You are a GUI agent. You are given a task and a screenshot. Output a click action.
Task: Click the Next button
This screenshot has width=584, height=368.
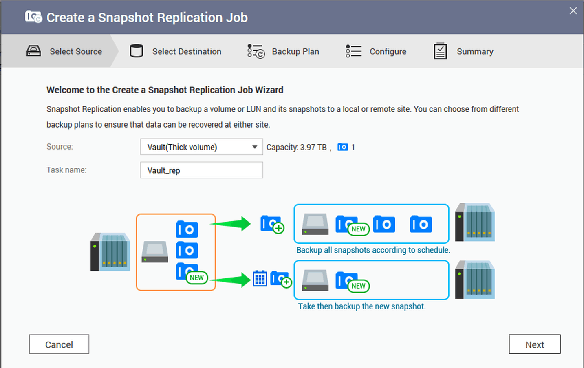(x=534, y=344)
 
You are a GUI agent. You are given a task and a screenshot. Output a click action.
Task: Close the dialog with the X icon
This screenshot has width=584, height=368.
(x=573, y=11)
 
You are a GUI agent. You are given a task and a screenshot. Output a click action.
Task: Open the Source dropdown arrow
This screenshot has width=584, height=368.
(x=254, y=147)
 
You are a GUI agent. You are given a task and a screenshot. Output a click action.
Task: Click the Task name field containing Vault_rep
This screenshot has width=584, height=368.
(x=201, y=170)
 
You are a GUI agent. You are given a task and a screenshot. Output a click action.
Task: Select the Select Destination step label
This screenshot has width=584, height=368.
(x=187, y=52)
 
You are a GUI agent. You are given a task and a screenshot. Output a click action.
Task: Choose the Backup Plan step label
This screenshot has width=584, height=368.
(x=295, y=52)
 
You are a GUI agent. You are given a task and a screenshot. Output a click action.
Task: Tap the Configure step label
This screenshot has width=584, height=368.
(x=388, y=52)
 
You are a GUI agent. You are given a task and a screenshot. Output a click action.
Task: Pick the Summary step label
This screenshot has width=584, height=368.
(x=475, y=52)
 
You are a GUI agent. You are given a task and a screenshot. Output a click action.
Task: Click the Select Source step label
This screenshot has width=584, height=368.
(x=76, y=52)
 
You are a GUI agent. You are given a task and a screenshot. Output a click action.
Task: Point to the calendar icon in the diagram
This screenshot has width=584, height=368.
(x=260, y=279)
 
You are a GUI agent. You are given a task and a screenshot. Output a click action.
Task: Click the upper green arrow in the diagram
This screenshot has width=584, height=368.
(x=232, y=224)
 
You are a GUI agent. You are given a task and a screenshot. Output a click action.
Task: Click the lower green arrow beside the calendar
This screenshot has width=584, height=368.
(x=232, y=280)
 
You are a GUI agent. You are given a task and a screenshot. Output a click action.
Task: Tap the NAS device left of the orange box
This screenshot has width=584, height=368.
(x=110, y=252)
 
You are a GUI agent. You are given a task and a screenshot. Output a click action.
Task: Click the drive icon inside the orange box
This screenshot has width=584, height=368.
(x=155, y=252)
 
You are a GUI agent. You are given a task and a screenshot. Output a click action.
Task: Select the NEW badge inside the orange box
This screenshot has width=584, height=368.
(x=197, y=278)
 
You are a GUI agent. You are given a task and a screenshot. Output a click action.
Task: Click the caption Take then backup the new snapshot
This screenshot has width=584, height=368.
(x=361, y=306)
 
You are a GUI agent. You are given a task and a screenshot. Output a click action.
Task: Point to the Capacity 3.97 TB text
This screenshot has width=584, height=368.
(x=296, y=148)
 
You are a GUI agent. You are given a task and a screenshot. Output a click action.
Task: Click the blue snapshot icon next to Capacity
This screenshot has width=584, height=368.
(x=343, y=147)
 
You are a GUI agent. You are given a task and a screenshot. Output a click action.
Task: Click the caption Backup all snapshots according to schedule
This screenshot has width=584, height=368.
(x=373, y=250)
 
